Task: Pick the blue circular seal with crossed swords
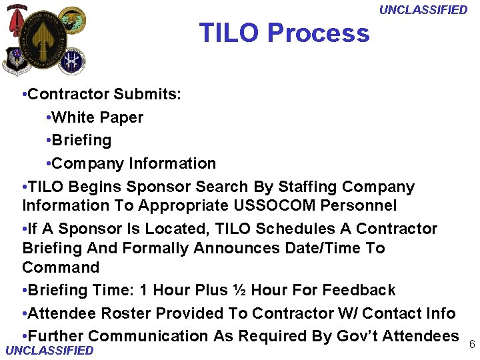(x=71, y=60)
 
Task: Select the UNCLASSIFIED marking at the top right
(x=423, y=9)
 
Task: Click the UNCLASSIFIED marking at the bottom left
(x=49, y=351)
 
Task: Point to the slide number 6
(x=471, y=344)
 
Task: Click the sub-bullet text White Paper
(x=97, y=117)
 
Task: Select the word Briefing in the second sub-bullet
(x=81, y=140)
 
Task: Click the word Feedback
(x=359, y=290)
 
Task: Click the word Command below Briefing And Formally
(x=61, y=267)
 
